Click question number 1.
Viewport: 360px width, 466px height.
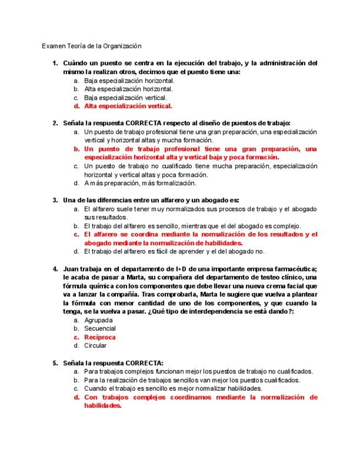[x=55, y=63]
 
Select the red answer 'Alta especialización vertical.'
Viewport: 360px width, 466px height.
[x=128, y=106]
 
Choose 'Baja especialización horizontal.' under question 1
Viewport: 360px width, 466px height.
[x=129, y=80]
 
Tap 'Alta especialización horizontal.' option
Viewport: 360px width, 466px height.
[x=129, y=89]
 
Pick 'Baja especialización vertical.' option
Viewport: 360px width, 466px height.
[x=125, y=97]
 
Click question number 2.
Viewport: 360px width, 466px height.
[x=55, y=123]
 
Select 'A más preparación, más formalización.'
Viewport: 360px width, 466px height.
[x=140, y=183]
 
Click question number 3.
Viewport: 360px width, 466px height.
[x=55, y=200]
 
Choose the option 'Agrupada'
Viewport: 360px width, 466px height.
[x=98, y=320]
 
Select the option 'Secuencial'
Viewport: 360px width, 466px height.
[x=100, y=329]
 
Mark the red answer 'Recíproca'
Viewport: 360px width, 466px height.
[x=100, y=337]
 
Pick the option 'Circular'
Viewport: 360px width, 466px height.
[x=95, y=346]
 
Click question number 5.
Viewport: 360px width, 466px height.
[x=55, y=363]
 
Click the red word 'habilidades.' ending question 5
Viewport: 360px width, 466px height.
[x=102, y=406]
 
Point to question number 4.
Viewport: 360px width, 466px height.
[x=55, y=269]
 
